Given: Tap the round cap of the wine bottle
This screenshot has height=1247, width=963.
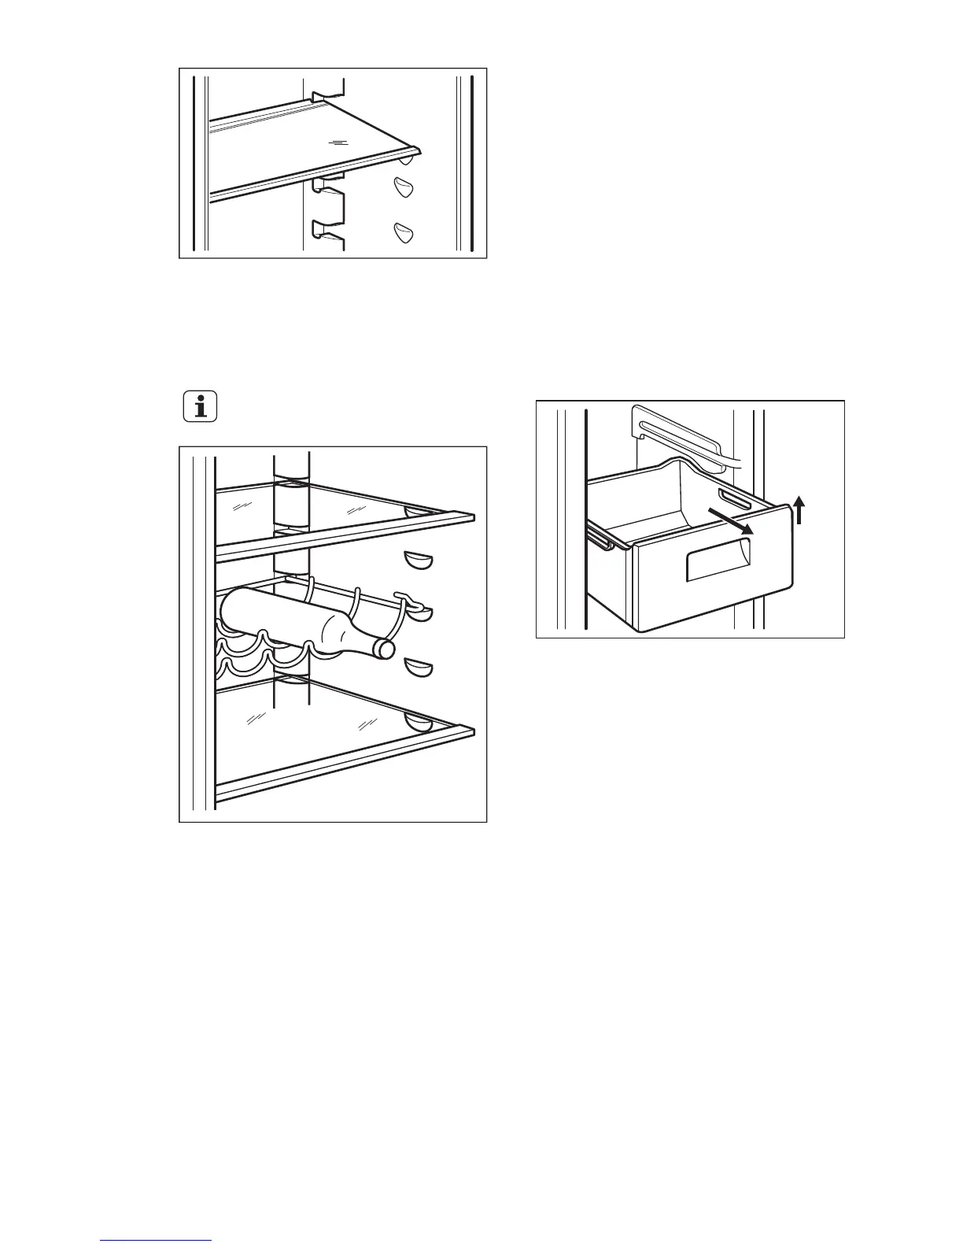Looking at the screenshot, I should click(x=384, y=649).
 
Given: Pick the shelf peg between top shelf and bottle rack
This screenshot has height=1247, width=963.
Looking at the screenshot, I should click(x=418, y=560).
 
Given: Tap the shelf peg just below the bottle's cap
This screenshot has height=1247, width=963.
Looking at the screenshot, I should click(x=418, y=668).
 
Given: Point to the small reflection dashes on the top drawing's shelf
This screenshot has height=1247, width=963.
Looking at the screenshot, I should click(x=338, y=142).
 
